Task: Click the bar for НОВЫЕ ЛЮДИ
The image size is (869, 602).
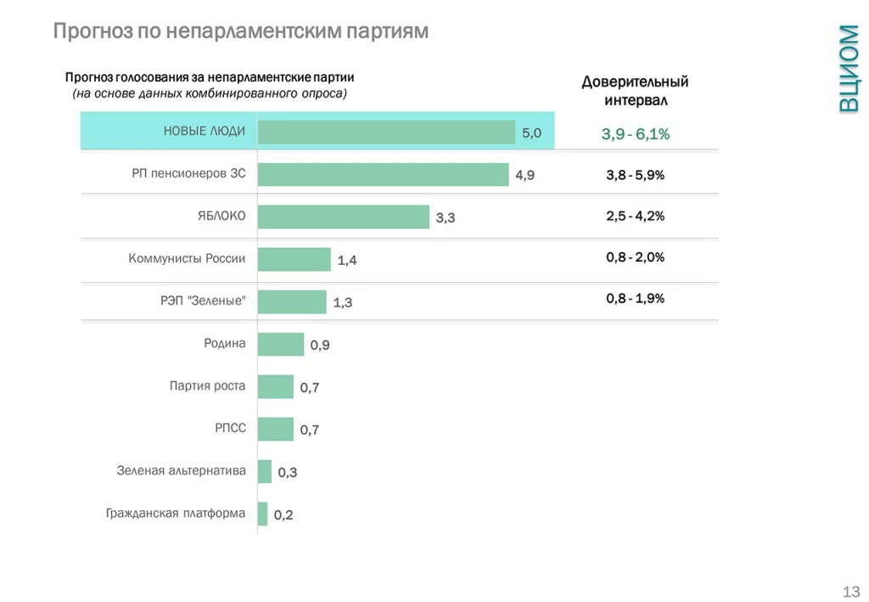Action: (x=386, y=132)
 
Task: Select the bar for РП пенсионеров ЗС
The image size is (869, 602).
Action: (x=383, y=174)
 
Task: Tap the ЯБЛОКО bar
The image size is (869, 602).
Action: (x=343, y=217)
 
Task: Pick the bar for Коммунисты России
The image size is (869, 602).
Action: (x=294, y=259)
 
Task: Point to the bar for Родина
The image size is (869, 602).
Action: (x=280, y=344)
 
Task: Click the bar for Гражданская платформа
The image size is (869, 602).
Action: (x=262, y=514)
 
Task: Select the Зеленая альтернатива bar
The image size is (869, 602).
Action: (x=264, y=471)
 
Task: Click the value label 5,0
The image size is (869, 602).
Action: (x=531, y=133)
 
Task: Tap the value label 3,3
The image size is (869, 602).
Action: (x=446, y=218)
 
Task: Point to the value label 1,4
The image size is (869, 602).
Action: (x=347, y=261)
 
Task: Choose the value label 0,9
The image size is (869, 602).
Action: (x=320, y=346)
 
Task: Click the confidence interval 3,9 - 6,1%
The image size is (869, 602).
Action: (x=636, y=134)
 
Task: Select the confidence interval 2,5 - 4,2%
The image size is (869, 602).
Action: (x=636, y=216)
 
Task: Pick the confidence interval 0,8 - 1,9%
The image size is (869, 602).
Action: (x=636, y=298)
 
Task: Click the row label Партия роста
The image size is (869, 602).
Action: (x=208, y=385)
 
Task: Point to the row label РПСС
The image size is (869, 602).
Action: (x=230, y=428)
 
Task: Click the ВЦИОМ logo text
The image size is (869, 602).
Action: (x=848, y=68)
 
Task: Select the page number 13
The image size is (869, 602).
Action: (x=851, y=591)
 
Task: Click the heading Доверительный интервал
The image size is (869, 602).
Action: (x=636, y=91)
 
